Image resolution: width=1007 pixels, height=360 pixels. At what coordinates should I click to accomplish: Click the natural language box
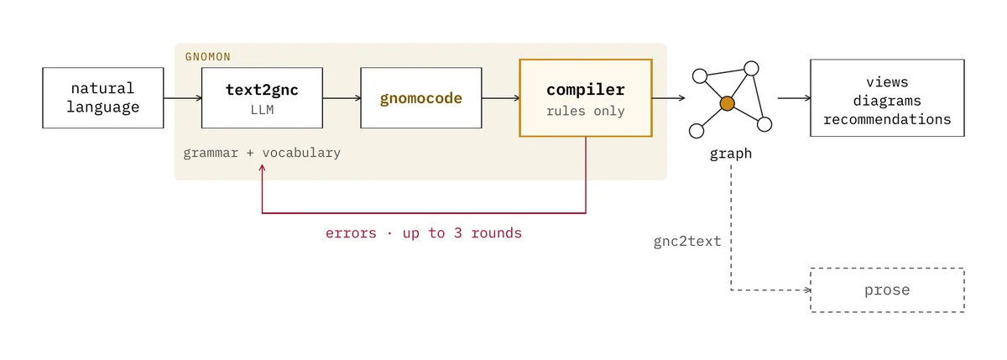point(103,98)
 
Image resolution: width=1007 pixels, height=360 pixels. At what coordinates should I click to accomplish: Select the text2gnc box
point(262,98)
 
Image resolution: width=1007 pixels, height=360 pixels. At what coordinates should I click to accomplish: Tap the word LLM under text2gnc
point(262,110)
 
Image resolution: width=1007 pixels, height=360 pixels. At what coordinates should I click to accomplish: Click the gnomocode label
point(420,98)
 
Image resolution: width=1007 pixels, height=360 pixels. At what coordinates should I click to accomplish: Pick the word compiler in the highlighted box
point(586,90)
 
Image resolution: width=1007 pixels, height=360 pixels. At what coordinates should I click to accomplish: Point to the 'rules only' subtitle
point(586,111)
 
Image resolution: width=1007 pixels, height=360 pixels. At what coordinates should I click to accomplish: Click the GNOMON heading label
point(208,56)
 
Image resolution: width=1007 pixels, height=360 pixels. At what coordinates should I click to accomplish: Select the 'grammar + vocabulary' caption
point(262,154)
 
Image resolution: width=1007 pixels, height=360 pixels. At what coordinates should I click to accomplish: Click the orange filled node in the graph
point(727,103)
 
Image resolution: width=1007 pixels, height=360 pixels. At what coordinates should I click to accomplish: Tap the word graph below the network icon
point(731,154)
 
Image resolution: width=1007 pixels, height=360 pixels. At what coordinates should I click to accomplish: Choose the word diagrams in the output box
point(887,101)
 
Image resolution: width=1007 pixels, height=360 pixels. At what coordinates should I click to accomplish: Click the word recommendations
point(887,119)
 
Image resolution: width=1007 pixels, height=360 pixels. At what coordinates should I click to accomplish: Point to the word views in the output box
point(887,82)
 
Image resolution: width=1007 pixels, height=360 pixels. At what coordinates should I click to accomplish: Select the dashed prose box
point(887,290)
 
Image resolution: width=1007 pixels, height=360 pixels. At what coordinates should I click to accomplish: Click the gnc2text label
point(687,242)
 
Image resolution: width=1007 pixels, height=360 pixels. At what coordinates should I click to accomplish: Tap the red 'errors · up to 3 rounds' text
point(424,233)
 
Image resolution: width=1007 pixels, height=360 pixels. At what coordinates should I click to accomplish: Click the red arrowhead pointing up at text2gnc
point(262,168)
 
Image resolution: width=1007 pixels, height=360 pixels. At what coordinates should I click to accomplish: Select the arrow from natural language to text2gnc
point(183,98)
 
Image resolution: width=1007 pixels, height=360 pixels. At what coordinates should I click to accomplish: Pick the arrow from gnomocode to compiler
point(501,98)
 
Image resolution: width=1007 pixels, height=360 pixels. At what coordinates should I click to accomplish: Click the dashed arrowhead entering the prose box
point(807,290)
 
